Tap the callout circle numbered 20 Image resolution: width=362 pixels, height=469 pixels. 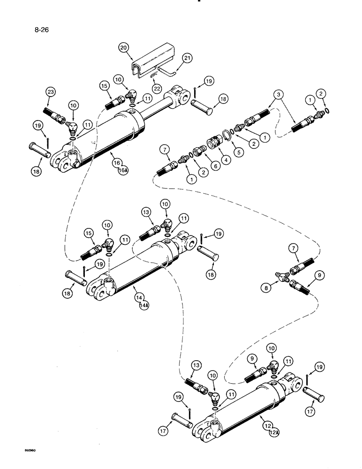(123, 48)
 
